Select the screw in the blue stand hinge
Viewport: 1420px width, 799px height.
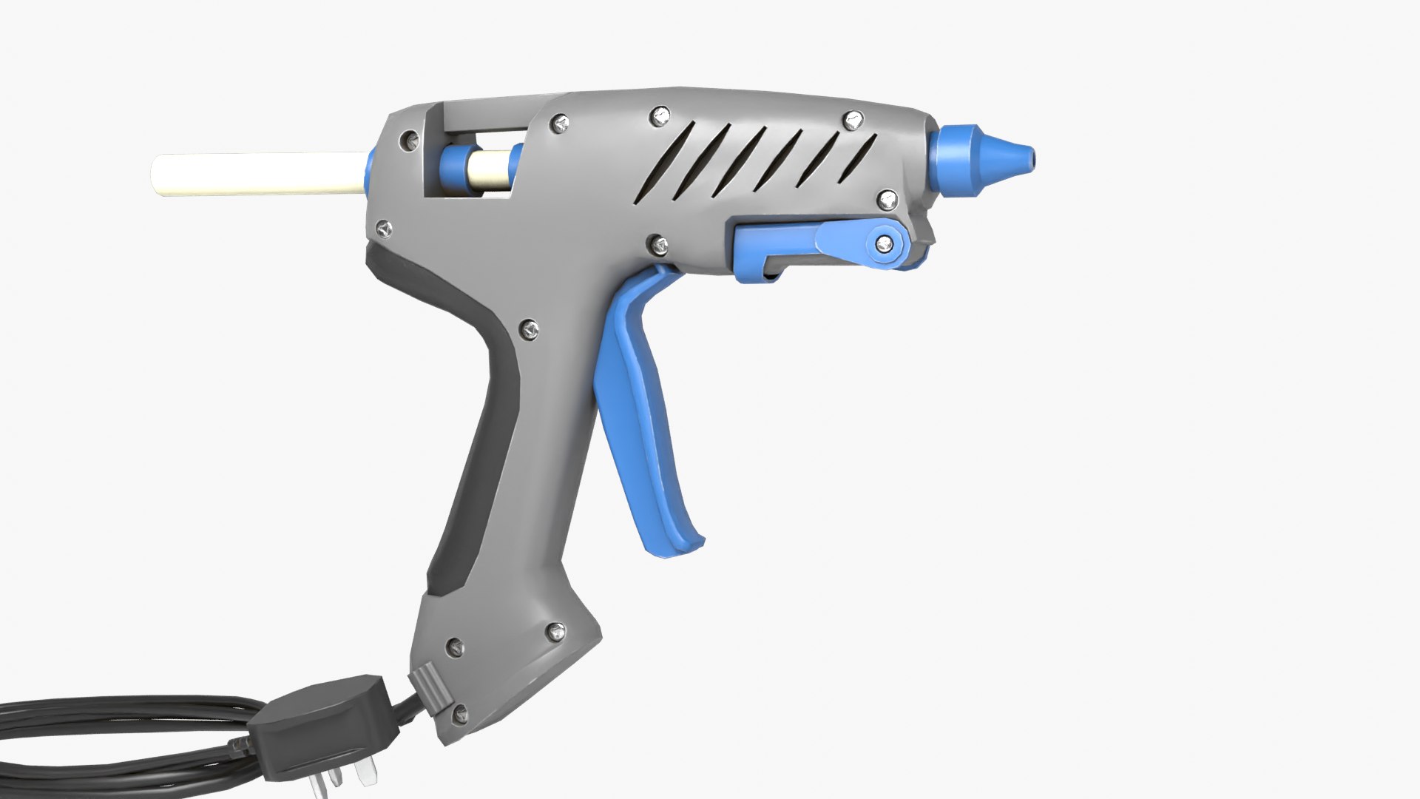[883, 243]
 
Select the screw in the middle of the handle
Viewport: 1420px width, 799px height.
[529, 326]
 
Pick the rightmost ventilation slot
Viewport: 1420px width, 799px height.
[864, 158]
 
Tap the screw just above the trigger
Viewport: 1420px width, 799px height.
[655, 243]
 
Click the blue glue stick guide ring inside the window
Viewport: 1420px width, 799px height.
[456, 169]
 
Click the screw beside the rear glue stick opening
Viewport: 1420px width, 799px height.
[408, 139]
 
